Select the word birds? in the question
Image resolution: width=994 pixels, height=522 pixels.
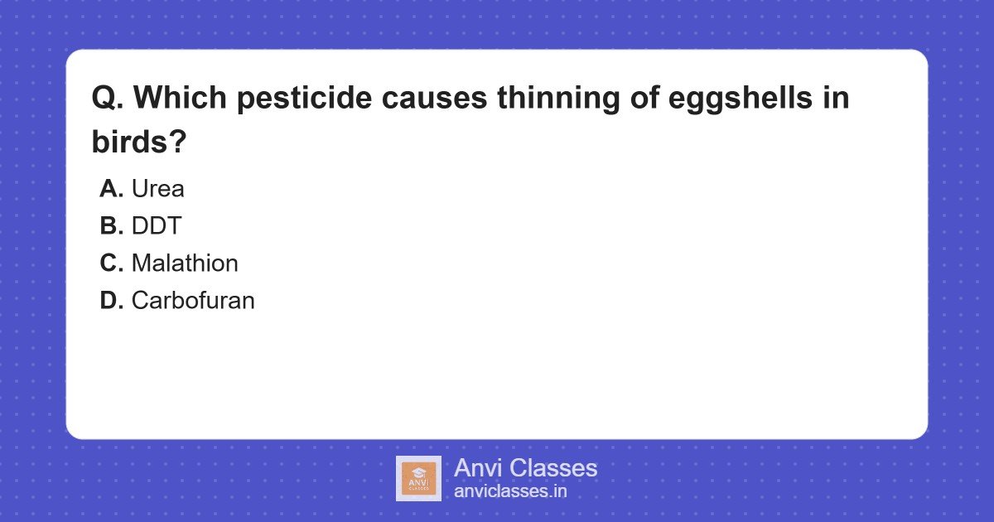(x=138, y=142)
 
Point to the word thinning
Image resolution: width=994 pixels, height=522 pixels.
(x=552, y=99)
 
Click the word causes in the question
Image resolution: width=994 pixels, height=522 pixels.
(x=434, y=99)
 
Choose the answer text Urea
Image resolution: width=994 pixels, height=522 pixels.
(x=157, y=189)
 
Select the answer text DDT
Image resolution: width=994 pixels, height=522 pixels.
(x=156, y=226)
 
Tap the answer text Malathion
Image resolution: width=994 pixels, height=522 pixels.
(x=184, y=263)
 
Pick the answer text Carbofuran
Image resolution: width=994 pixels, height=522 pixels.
(x=192, y=301)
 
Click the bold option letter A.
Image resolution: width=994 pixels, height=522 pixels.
(x=111, y=189)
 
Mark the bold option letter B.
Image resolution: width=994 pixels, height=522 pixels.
(x=111, y=226)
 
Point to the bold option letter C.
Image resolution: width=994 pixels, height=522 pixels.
(x=111, y=263)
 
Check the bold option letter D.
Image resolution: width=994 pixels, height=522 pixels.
(x=111, y=301)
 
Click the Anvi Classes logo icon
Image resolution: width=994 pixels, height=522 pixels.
(x=418, y=478)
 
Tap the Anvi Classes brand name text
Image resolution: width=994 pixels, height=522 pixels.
(x=525, y=468)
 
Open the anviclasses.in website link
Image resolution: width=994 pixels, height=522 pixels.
(x=510, y=491)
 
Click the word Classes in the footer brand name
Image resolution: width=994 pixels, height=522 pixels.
(x=552, y=468)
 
